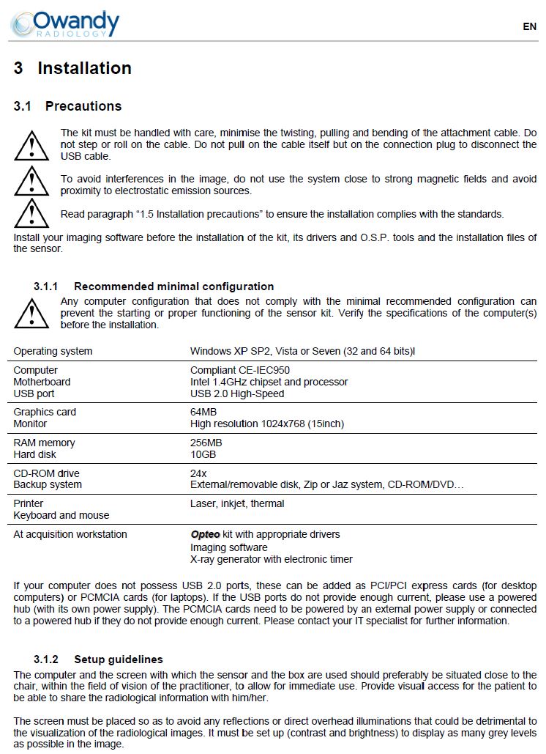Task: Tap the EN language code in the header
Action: pos(529,26)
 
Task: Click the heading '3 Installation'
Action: pos(72,68)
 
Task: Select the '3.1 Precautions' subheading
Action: pos(67,106)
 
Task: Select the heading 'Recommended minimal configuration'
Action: pos(173,287)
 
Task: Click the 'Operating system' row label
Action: pos(53,351)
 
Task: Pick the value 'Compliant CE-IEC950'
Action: pos(240,370)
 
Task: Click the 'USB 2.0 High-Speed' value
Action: pos(237,393)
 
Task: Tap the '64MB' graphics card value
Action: pos(203,412)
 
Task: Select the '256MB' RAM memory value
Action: pos(206,443)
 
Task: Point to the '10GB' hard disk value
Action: pos(203,454)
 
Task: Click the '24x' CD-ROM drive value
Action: pos(198,473)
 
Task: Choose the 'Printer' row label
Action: pos(29,503)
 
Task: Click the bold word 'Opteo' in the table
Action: pos(205,534)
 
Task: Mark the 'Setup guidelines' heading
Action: pos(118,659)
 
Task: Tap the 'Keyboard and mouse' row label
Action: pos(61,515)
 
